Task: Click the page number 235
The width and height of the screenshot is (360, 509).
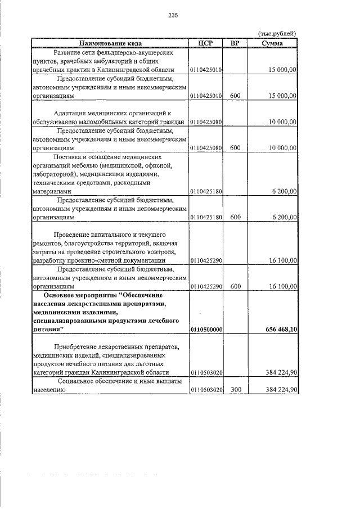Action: point(173,16)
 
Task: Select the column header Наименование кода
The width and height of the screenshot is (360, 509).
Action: point(110,43)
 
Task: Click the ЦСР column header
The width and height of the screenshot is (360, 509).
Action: point(206,43)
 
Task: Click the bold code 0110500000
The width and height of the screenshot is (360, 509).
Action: point(206,329)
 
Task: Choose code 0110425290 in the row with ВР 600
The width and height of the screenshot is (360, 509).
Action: point(206,286)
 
